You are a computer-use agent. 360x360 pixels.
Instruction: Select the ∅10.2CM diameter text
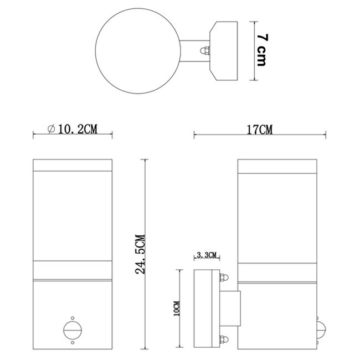pyautogui.click(x=73, y=129)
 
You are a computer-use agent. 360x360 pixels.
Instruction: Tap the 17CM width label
pyautogui.click(x=260, y=130)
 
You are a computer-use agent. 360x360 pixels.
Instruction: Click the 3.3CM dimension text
pyautogui.click(x=207, y=255)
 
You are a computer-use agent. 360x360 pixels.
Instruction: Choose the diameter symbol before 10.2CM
pyautogui.click(x=52, y=129)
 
